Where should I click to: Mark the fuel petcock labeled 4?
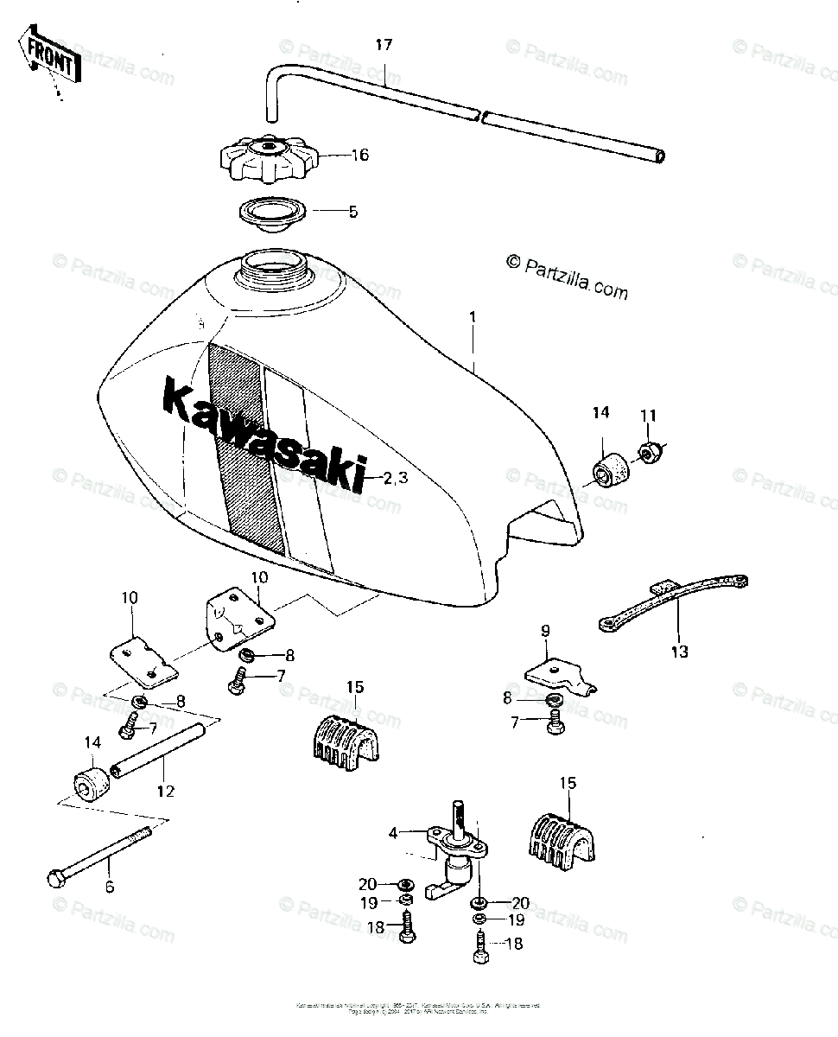pyautogui.click(x=454, y=851)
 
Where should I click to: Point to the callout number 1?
pyautogui.click(x=473, y=318)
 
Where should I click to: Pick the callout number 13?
pyautogui.click(x=680, y=652)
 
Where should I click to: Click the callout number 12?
pyautogui.click(x=166, y=791)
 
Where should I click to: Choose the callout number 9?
pyautogui.click(x=545, y=632)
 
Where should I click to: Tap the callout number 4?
pyautogui.click(x=393, y=834)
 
